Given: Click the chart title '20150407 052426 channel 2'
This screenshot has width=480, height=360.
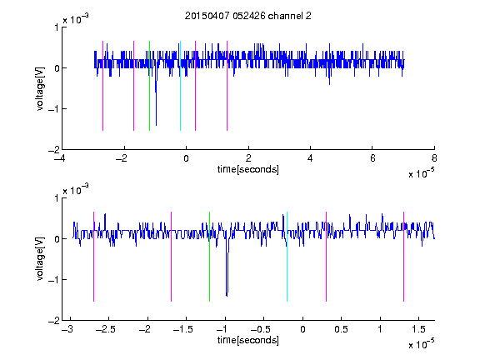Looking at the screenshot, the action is click(248, 16).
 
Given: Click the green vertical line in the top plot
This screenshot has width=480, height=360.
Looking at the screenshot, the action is click(149, 86).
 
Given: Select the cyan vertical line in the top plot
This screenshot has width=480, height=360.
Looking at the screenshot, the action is click(180, 86).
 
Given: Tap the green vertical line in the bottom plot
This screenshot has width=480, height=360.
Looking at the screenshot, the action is click(209, 257).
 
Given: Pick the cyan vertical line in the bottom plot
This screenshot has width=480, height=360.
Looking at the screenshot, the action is click(287, 257).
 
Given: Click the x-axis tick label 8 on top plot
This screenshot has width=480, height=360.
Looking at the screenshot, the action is click(434, 158).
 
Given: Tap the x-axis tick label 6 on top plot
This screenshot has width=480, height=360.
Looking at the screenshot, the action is click(372, 158).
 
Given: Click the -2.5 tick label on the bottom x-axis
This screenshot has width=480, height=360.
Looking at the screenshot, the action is click(106, 329).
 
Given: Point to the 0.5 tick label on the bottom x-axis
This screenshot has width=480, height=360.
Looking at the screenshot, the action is click(342, 329).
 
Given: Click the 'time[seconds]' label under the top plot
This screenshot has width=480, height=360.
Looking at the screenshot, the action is click(248, 169).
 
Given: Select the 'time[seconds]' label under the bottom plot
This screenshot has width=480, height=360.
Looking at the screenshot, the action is click(248, 340).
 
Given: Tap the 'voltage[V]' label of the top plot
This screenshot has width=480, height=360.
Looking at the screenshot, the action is click(40, 88).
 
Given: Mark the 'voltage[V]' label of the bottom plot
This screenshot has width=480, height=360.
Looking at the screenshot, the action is click(40, 259).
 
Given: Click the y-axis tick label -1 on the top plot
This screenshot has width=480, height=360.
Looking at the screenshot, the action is click(53, 109).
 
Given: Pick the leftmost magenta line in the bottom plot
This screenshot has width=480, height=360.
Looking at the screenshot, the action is click(93, 257).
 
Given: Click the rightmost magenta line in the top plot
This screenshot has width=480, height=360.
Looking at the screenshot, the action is click(227, 86).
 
